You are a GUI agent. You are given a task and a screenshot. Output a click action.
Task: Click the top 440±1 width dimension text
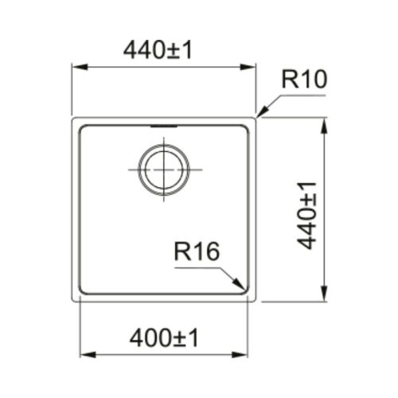(158, 51)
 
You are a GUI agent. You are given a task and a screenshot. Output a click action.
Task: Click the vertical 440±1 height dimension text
(307, 216)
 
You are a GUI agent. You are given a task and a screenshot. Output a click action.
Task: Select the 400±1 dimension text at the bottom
(164, 338)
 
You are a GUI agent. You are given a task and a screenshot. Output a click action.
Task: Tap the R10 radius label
(304, 79)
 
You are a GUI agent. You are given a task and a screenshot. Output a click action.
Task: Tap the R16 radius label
(197, 251)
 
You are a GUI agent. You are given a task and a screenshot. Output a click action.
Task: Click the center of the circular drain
(164, 170)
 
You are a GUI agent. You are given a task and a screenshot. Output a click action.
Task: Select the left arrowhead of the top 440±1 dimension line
(80, 67)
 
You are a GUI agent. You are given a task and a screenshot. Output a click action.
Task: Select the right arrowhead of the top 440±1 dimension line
(248, 67)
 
